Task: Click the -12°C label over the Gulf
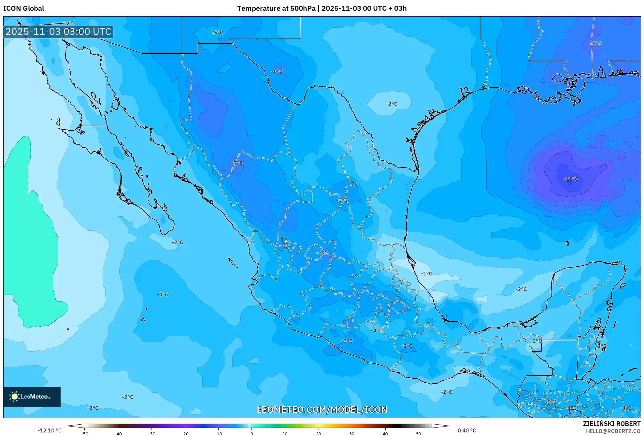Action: tap(571, 179)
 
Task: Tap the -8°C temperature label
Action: tap(596, 44)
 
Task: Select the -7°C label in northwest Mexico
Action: tap(237, 163)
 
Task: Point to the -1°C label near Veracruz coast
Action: tap(426, 273)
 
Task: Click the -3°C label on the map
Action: tap(601, 346)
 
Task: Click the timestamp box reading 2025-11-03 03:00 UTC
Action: tap(58, 32)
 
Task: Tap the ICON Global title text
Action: tap(23, 8)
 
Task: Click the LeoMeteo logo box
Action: tap(32, 397)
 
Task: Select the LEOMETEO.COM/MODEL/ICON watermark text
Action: tap(322, 410)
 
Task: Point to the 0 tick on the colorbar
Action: tap(251, 434)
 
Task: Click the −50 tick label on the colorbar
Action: tap(84, 434)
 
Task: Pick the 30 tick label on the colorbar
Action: tap(352, 434)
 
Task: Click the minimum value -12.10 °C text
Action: tap(50, 430)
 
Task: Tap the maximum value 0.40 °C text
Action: tap(467, 430)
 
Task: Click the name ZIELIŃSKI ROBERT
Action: tap(611, 424)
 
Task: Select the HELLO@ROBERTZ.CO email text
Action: tap(613, 431)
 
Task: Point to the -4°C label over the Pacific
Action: tap(163, 294)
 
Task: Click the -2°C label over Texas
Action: tap(392, 104)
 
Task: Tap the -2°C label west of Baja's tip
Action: tap(178, 242)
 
